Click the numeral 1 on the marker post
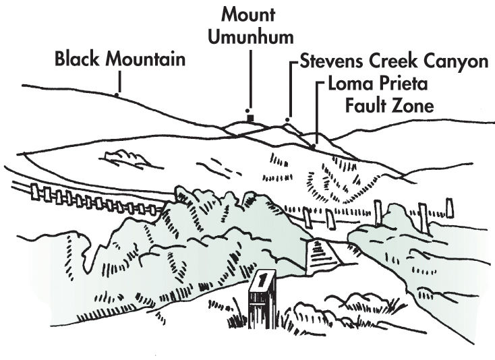(261, 278)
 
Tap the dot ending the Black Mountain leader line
(117, 95)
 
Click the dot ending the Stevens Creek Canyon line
(287, 120)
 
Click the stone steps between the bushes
(319, 257)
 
